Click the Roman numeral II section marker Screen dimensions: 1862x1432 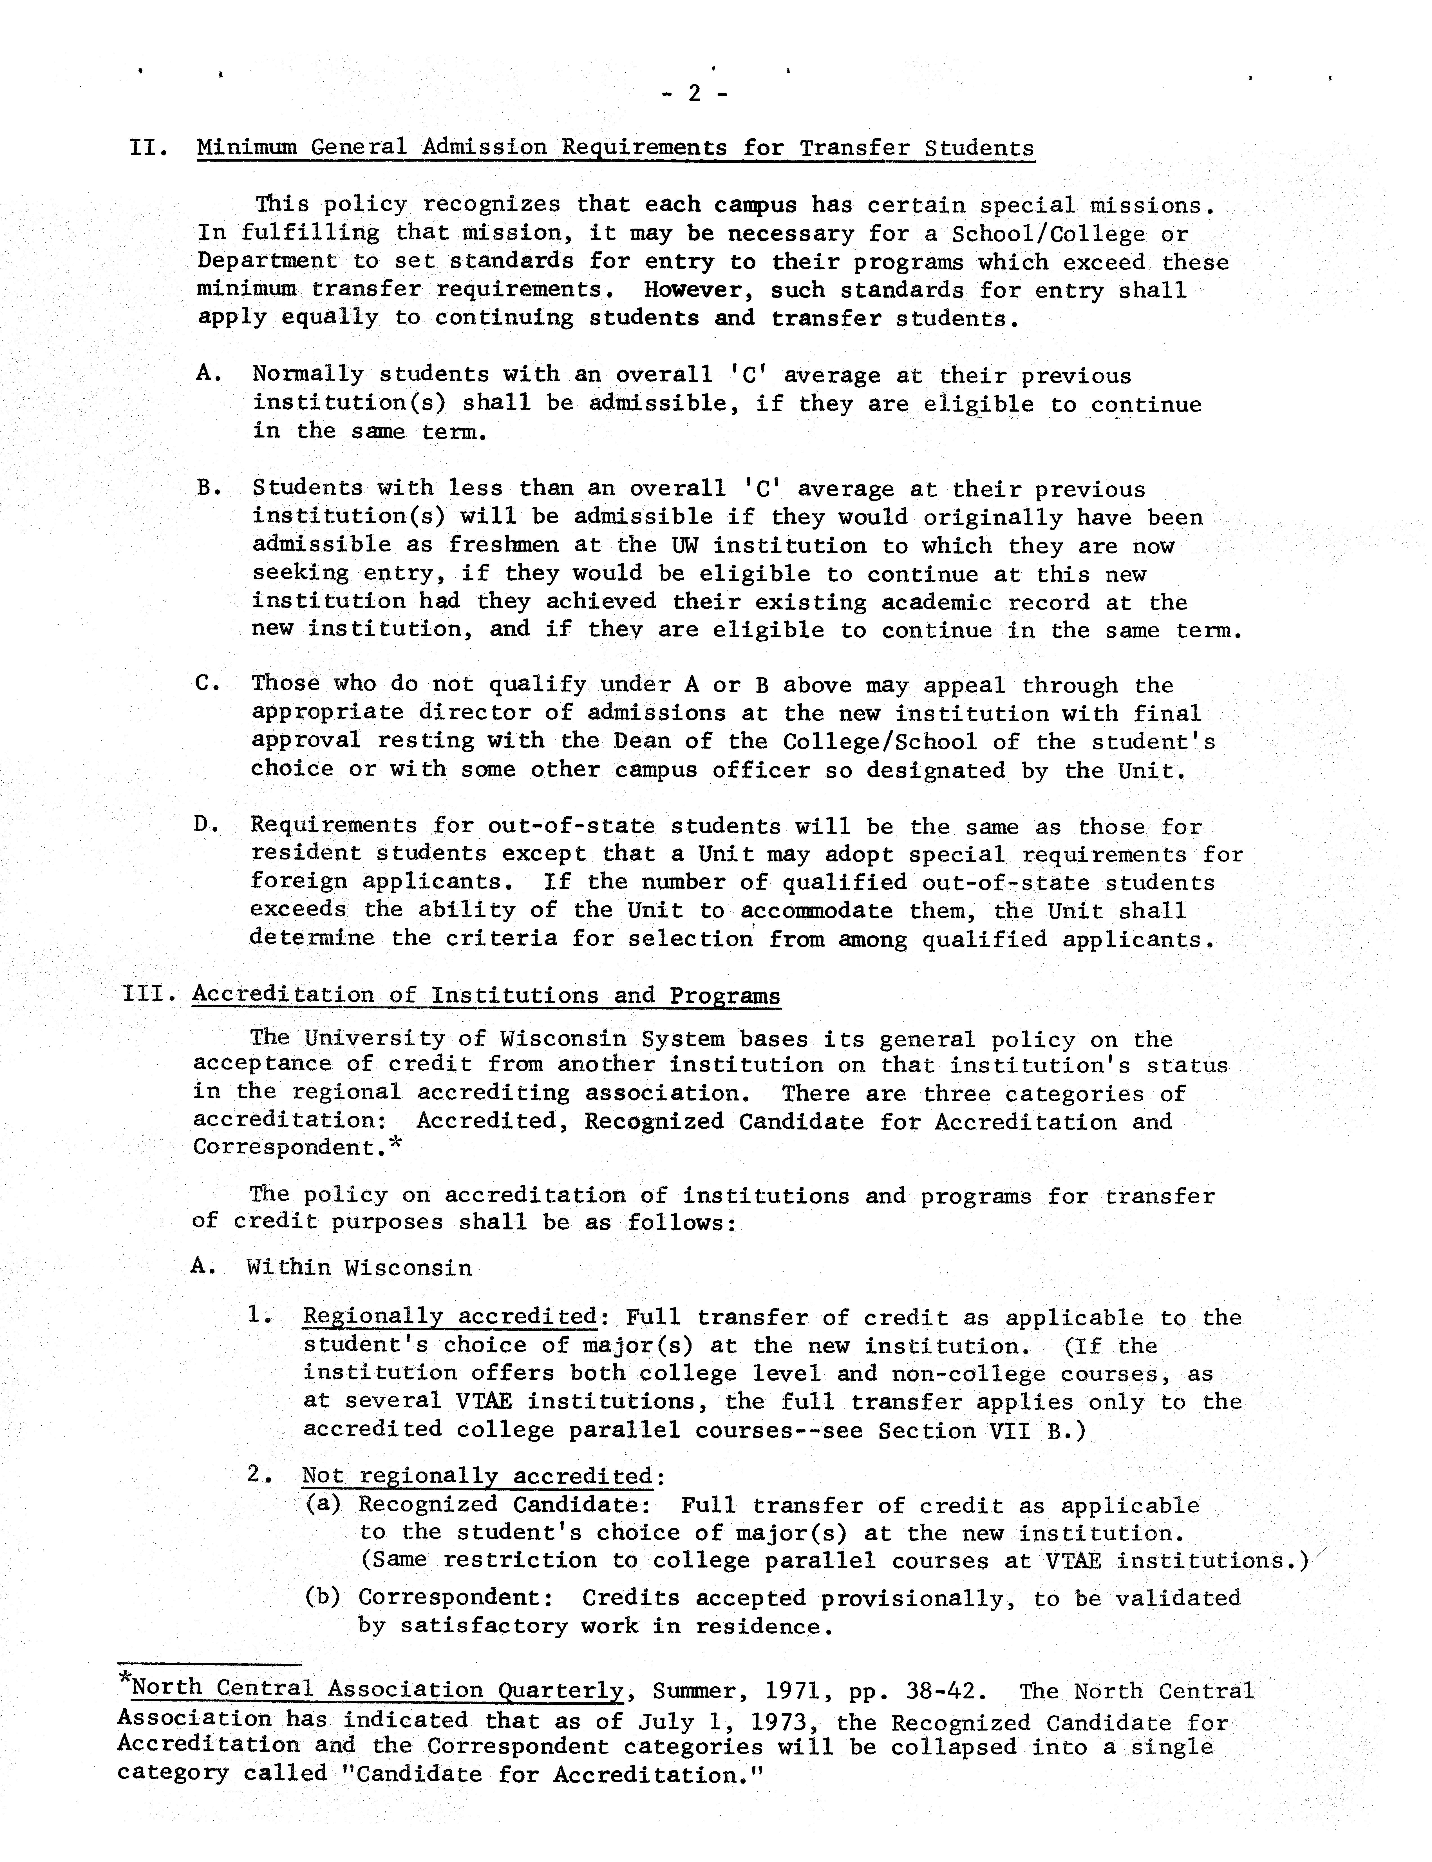click(150, 148)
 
